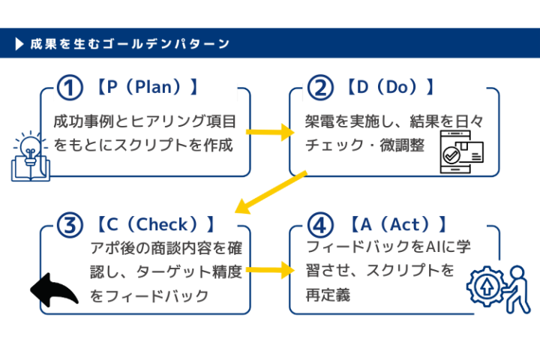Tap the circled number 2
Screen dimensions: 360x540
point(319,88)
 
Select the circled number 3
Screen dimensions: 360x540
point(70,224)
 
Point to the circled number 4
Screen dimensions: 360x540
point(319,224)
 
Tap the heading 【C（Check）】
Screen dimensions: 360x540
point(155,224)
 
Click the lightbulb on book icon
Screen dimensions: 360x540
point(30,157)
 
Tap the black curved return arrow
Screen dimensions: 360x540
point(53,289)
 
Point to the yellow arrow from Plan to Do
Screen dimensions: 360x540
point(270,133)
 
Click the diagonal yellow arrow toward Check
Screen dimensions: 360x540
point(270,191)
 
